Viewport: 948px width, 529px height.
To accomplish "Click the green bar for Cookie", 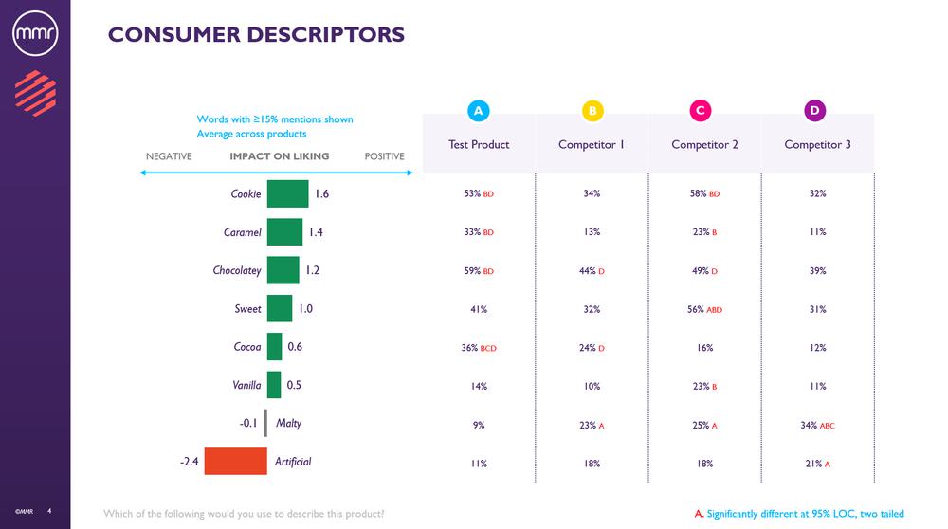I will point(287,193).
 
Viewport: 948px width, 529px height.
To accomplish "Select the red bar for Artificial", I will point(235,462).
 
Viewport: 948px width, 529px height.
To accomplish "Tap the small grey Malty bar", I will point(265,423).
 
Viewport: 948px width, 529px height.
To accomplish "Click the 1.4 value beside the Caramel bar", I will point(317,232).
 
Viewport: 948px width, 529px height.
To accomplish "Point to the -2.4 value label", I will point(189,462).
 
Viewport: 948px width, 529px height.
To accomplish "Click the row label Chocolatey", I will point(237,270).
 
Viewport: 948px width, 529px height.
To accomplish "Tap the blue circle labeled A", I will point(479,111).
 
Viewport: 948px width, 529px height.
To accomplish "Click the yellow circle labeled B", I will point(592,111).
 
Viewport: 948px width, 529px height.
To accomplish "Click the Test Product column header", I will point(479,144).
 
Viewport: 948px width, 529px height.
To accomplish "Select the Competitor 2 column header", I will point(704,144).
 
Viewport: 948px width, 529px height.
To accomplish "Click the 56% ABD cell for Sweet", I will point(704,309).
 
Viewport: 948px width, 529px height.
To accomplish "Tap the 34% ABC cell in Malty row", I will point(816,425).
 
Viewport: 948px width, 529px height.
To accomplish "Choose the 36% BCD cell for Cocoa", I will point(479,348).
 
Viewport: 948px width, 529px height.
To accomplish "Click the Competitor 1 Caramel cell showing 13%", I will point(592,232).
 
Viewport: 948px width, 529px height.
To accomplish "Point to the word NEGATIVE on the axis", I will point(169,156).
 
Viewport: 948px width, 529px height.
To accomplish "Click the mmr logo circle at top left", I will point(35,35).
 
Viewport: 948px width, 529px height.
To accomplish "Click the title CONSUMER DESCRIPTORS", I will point(256,35).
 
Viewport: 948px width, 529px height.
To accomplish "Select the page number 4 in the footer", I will point(49,514).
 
